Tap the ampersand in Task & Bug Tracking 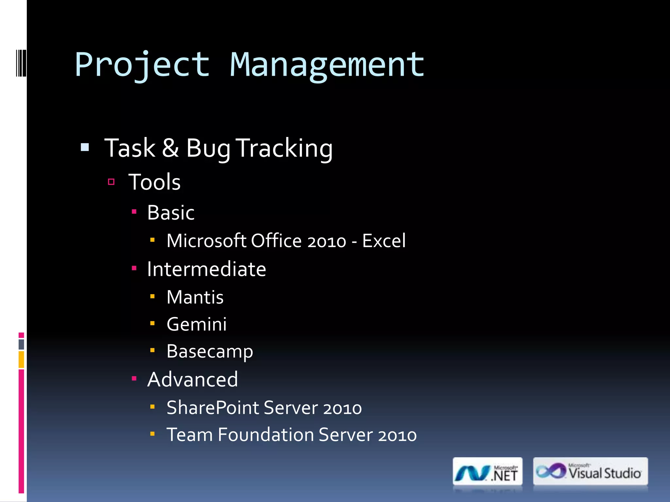click(x=170, y=148)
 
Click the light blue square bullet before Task click(x=85, y=147)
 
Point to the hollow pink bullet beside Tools click(x=111, y=182)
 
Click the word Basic click(x=171, y=213)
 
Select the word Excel click(x=384, y=241)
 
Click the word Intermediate click(x=206, y=269)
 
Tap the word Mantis click(x=195, y=297)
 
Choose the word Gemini click(x=197, y=324)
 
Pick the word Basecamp click(x=210, y=352)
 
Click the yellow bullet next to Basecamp click(x=152, y=350)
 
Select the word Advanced click(x=193, y=379)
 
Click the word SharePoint click(x=213, y=408)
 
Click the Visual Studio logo click(x=590, y=472)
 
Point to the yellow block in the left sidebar click(x=21, y=360)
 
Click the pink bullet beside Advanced click(x=134, y=378)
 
